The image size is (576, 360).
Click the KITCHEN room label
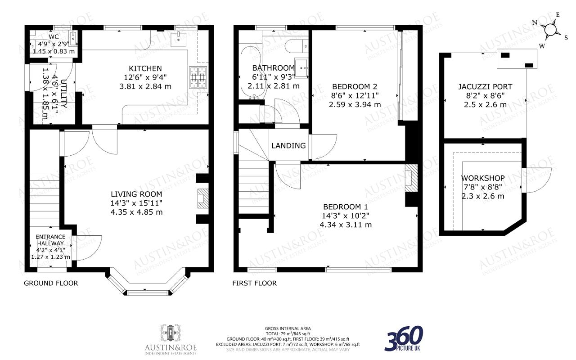[x=145, y=68]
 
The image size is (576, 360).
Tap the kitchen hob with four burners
[x=198, y=77]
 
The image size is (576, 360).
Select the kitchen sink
[x=179, y=40]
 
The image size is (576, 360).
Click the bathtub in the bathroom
[x=251, y=72]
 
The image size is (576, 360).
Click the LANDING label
[x=288, y=145]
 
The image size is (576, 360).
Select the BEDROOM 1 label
[x=345, y=207]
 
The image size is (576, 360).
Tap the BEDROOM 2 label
[x=355, y=87]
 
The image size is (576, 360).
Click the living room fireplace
[x=203, y=198]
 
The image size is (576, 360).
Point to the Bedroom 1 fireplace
[x=411, y=178]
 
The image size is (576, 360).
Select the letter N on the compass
[x=534, y=22]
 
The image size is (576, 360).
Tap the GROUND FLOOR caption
[x=51, y=283]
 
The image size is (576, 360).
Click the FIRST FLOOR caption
[x=254, y=283]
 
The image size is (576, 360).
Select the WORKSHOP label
[x=483, y=178]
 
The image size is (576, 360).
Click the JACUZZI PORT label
[x=485, y=87]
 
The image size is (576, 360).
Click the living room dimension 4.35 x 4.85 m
[x=136, y=212]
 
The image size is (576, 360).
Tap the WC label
[x=54, y=37]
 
